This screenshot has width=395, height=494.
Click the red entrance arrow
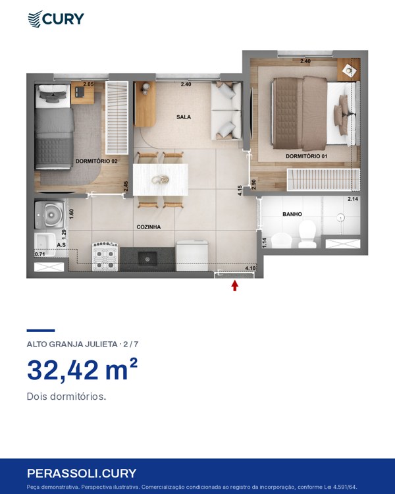point(234,285)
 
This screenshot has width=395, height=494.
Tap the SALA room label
point(184,117)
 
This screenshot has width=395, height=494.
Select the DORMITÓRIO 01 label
point(307,156)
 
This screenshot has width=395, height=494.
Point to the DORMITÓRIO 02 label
point(96,161)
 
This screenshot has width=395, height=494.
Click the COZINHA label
point(149,227)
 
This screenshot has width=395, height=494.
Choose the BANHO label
point(292,214)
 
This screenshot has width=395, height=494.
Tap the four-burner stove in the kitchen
point(105,256)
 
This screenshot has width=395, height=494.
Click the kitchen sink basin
point(147,259)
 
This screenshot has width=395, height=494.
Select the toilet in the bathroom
point(307,234)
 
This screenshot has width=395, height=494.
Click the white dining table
point(161,180)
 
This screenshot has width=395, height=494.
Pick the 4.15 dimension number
point(240,190)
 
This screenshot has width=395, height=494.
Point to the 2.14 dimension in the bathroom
point(353,199)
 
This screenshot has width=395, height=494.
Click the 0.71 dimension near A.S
point(40,254)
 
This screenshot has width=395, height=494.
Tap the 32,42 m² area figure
point(82,370)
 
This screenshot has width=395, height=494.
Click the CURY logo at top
point(56,19)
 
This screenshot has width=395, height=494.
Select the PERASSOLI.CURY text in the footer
point(82,474)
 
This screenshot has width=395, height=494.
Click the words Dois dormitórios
point(66,397)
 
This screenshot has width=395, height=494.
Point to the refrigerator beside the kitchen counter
point(192,256)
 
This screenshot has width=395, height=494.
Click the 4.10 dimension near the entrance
point(250,269)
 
